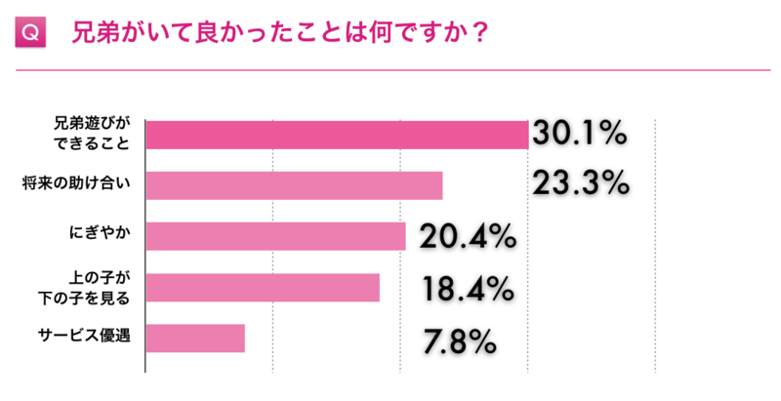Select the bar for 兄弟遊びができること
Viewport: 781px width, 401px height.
point(337,135)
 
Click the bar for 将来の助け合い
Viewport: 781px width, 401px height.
point(294,185)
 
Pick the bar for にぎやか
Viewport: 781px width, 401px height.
point(275,236)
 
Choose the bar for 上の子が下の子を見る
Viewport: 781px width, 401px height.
point(263,287)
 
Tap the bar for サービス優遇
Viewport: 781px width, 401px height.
point(195,338)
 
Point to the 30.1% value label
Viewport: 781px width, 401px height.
point(580,134)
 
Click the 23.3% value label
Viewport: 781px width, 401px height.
point(580,182)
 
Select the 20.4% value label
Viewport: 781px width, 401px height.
point(467,235)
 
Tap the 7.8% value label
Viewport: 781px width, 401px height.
point(460,341)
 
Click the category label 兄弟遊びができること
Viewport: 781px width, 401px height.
point(91,134)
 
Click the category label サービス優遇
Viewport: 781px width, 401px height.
point(85,338)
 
